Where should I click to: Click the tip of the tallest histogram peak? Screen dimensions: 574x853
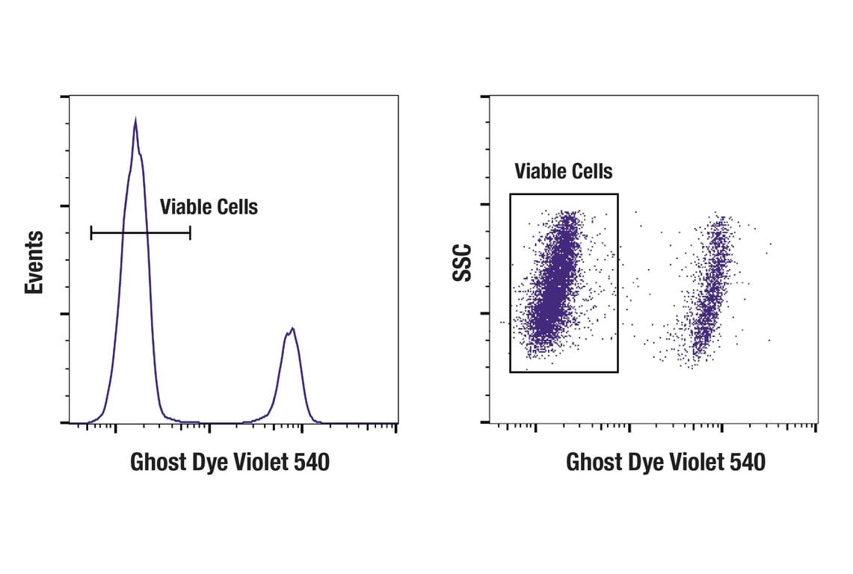[x=135, y=119]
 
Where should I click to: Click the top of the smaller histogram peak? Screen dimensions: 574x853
[x=292, y=328]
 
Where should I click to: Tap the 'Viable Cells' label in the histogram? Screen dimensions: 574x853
[x=209, y=207]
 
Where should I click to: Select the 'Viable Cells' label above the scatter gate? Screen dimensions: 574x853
[x=563, y=172]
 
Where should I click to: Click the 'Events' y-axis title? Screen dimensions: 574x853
[x=34, y=262]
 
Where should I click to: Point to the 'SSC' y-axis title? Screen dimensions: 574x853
[x=464, y=262]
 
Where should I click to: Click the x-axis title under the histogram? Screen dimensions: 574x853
[x=230, y=463]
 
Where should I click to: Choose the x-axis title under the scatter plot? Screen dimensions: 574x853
[x=665, y=463]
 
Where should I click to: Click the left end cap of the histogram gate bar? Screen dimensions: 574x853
[x=91, y=233]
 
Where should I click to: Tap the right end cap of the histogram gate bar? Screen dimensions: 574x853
[x=190, y=233]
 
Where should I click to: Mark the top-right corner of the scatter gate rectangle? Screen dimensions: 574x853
[x=618, y=194]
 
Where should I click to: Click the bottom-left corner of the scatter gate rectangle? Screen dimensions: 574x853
[x=511, y=371]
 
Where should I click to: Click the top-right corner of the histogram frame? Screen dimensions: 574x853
[x=398, y=96]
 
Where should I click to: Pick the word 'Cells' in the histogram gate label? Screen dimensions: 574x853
[x=235, y=207]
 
